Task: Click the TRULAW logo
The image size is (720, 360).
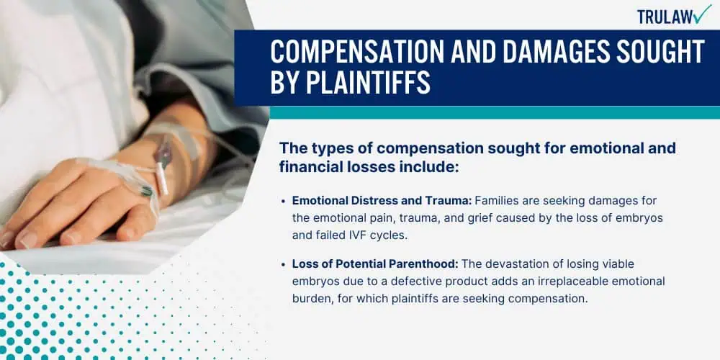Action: pyautogui.click(x=673, y=15)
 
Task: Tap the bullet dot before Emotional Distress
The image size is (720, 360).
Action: pyautogui.click(x=284, y=200)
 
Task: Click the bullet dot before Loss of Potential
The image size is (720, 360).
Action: pyautogui.click(x=284, y=265)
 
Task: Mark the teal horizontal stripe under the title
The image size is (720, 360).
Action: pyautogui.click(x=475, y=112)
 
